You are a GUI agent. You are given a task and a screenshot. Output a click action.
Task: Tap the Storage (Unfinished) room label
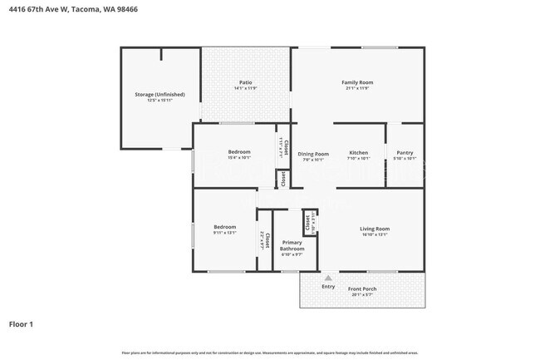pyautogui.click(x=160, y=94)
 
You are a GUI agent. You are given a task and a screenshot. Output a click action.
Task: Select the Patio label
pyautogui.click(x=245, y=82)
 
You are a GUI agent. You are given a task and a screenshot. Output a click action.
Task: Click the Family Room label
pyautogui.click(x=357, y=82)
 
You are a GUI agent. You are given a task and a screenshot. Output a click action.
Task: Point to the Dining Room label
pyautogui.click(x=313, y=153)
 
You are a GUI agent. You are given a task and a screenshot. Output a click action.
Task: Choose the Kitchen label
pyautogui.click(x=358, y=153)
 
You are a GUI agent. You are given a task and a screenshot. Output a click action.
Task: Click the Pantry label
pyautogui.click(x=404, y=153)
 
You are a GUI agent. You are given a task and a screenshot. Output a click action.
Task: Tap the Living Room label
pyautogui.click(x=374, y=229)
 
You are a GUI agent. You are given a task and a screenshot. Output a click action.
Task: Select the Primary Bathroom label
pyautogui.click(x=292, y=245)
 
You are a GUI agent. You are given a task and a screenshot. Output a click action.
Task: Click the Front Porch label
pyautogui.click(x=364, y=288)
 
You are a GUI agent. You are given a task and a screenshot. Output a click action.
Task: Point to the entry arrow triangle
pyautogui.click(x=327, y=278)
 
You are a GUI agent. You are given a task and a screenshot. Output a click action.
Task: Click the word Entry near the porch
pyautogui.click(x=328, y=287)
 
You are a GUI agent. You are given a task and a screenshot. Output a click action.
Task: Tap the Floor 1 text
pyautogui.click(x=21, y=323)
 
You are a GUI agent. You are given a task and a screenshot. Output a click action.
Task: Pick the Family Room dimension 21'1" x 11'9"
pyautogui.click(x=357, y=88)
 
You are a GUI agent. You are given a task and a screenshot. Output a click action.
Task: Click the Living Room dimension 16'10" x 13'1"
pyautogui.click(x=374, y=234)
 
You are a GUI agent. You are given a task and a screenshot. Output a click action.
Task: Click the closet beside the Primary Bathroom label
pyautogui.click(x=264, y=241)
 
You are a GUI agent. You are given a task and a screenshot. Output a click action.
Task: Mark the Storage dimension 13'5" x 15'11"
pyautogui.click(x=160, y=100)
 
